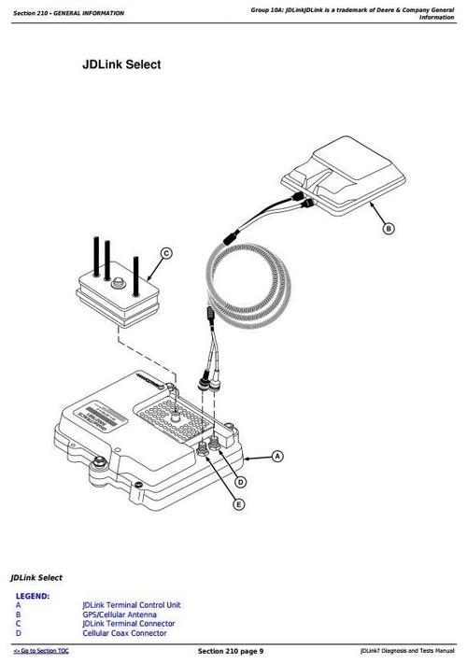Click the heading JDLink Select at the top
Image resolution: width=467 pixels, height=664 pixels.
pyautogui.click(x=121, y=65)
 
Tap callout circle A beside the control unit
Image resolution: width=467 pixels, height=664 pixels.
pyautogui.click(x=277, y=457)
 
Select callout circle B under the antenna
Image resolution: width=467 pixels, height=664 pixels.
pyautogui.click(x=389, y=227)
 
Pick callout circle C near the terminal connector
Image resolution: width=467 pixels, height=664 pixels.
pyautogui.click(x=166, y=253)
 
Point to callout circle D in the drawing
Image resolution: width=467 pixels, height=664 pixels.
pyautogui.click(x=240, y=482)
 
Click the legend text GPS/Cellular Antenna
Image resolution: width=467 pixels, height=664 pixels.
pyautogui.click(x=120, y=615)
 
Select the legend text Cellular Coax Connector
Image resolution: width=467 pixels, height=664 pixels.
pyautogui.click(x=125, y=633)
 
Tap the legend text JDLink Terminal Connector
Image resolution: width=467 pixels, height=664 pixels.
pyautogui.click(x=128, y=624)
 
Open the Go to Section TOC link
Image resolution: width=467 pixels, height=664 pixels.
pyautogui.click(x=41, y=650)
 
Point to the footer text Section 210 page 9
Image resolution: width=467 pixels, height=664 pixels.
pyautogui.click(x=231, y=650)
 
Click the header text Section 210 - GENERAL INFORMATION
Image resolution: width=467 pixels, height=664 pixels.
pyautogui.click(x=63, y=10)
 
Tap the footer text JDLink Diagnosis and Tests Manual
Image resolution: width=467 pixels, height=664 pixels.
pyautogui.click(x=406, y=650)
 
